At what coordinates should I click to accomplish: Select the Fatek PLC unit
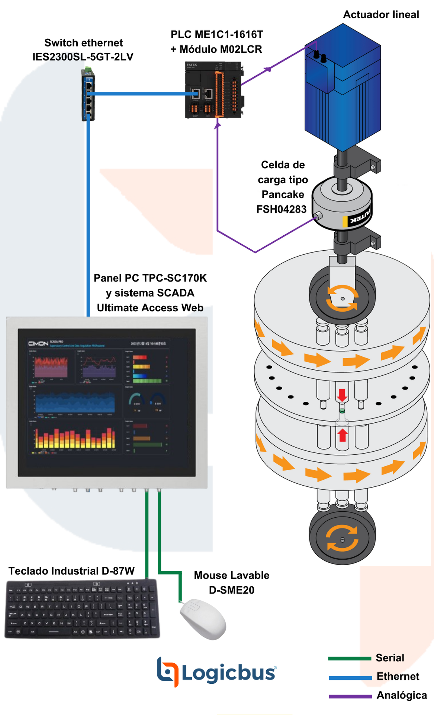pyautogui.click(x=214, y=90)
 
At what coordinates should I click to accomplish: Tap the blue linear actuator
pyautogui.click(x=342, y=86)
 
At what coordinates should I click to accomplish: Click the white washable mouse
pyautogui.click(x=203, y=619)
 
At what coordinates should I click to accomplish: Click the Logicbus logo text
pyautogui.click(x=228, y=673)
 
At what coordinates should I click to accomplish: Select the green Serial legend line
pyautogui.click(x=349, y=658)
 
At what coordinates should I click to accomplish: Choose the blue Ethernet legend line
pyautogui.click(x=350, y=678)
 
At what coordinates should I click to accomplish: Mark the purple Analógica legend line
pyautogui.click(x=350, y=696)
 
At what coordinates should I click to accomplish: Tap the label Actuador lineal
pyautogui.click(x=381, y=15)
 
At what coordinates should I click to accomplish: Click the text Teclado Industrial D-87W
pyautogui.click(x=71, y=571)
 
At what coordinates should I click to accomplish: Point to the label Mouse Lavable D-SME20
pyautogui.click(x=231, y=582)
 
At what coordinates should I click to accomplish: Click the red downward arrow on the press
pyautogui.click(x=342, y=395)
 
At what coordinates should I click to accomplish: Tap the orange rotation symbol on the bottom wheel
pyautogui.click(x=342, y=538)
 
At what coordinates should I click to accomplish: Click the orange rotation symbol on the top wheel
pyautogui.click(x=342, y=298)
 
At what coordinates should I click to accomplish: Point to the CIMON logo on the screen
pyautogui.click(x=38, y=343)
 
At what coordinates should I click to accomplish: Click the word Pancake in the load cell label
pyautogui.click(x=283, y=194)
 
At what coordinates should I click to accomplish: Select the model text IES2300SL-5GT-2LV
pyautogui.click(x=83, y=57)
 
